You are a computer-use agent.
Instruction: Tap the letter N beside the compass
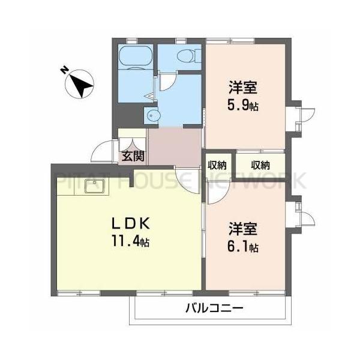tap(64, 70)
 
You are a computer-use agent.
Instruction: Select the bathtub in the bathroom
tap(136, 59)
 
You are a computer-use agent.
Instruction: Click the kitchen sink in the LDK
tap(95, 187)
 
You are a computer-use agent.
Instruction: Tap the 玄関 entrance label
tap(133, 157)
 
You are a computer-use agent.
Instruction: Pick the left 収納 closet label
tap(217, 165)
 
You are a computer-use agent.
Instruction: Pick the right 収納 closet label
tap(260, 165)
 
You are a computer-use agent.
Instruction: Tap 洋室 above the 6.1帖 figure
tap(244, 229)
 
